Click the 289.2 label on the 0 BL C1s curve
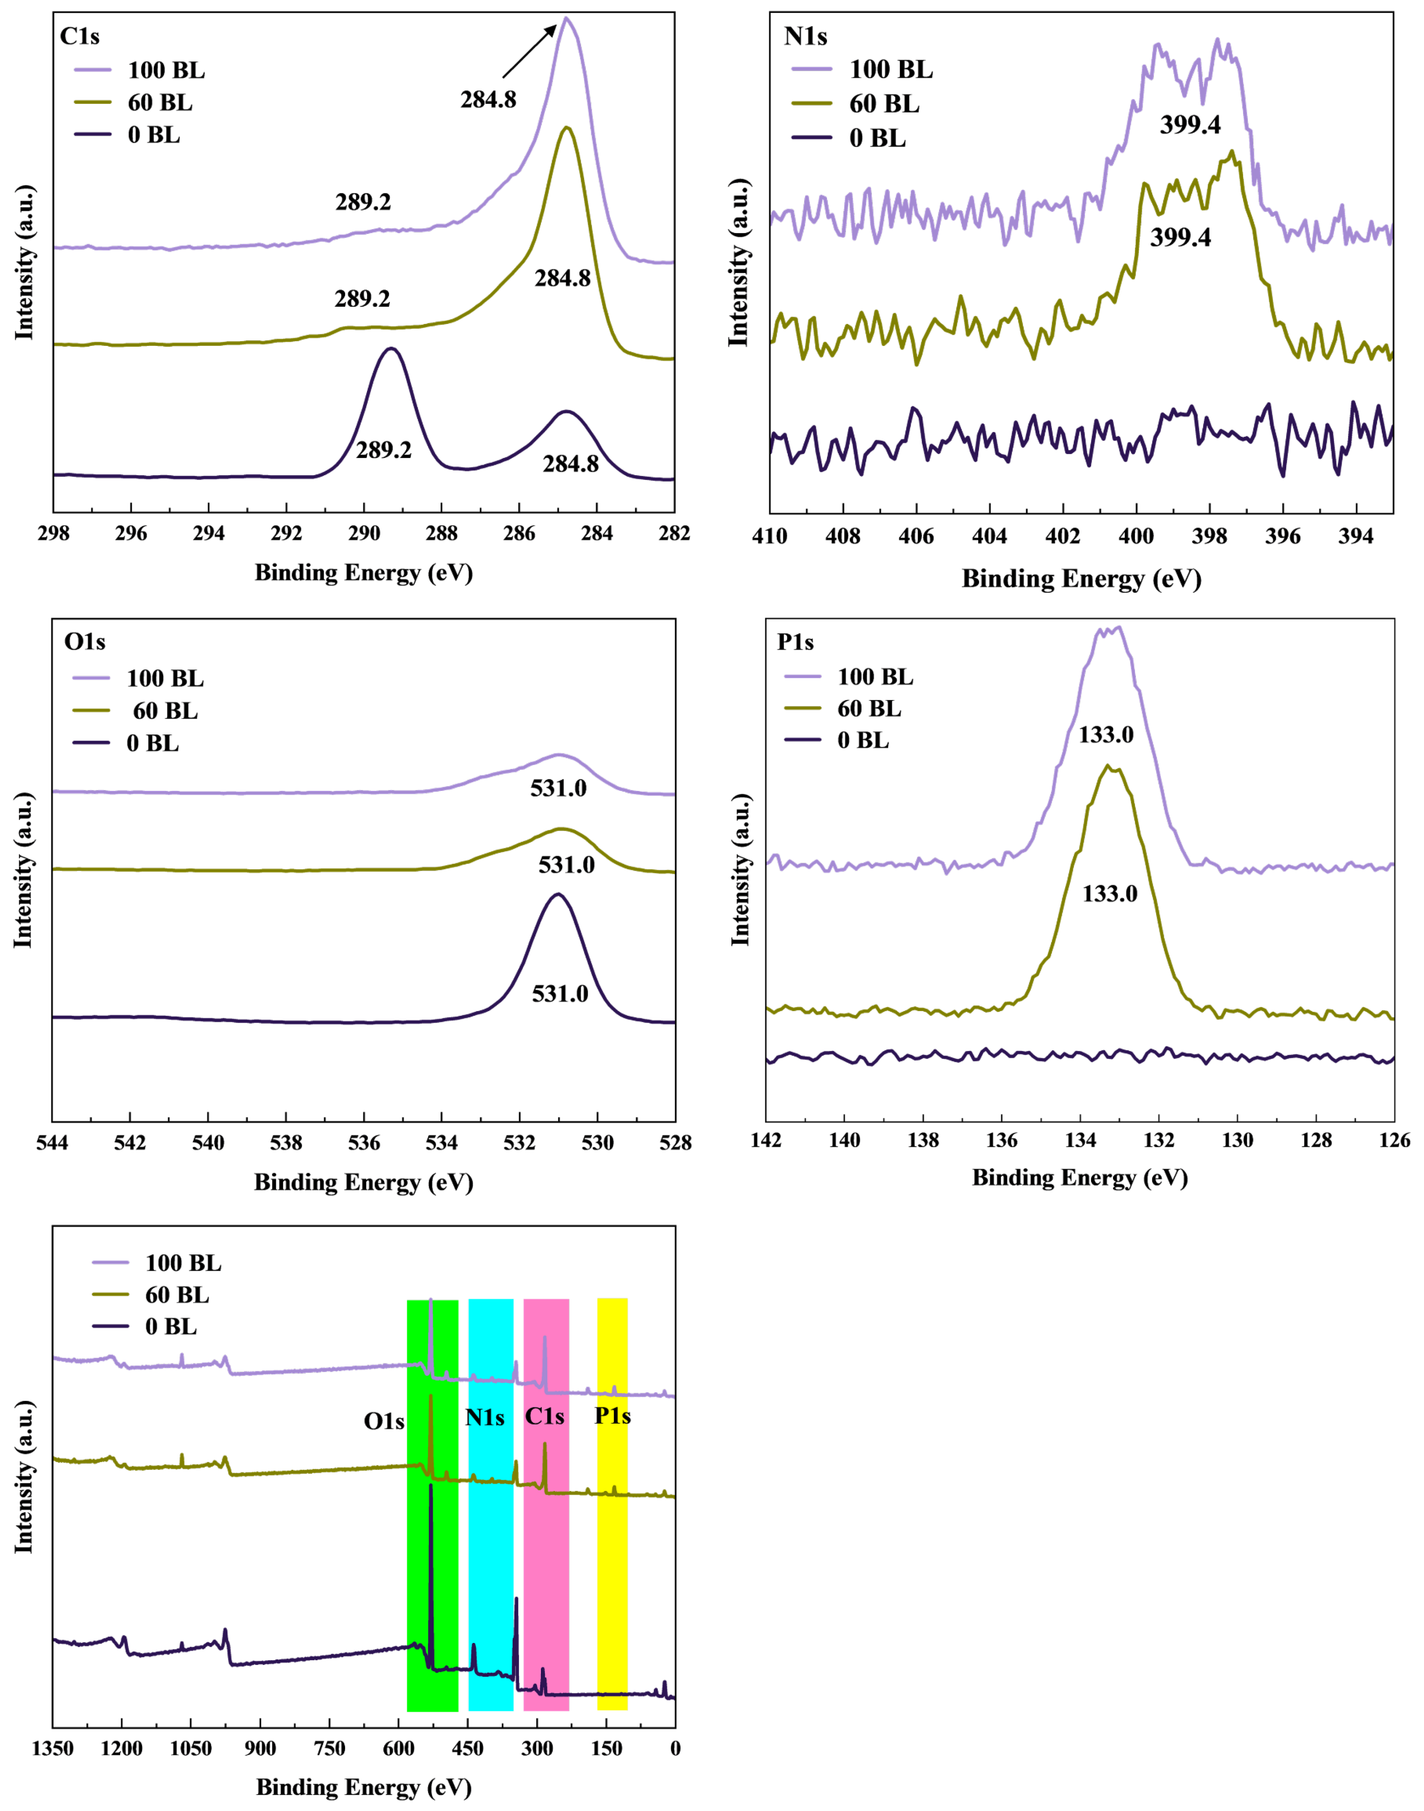383,450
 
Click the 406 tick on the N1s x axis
916,536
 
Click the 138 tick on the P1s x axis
923,1140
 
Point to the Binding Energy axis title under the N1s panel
1081,579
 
